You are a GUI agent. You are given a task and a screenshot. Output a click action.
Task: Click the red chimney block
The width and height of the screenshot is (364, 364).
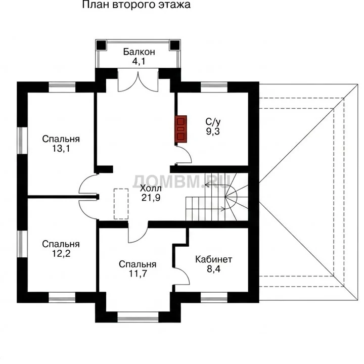[x=180, y=129]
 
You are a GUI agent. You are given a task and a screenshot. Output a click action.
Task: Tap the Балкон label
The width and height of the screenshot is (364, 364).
[x=139, y=52]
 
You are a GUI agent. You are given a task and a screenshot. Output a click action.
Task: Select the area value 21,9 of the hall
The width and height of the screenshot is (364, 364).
[x=151, y=198]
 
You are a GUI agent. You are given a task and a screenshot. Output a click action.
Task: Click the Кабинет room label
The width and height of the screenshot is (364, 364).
[x=213, y=259]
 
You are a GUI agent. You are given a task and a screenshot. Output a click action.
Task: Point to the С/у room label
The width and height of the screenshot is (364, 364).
[x=213, y=122]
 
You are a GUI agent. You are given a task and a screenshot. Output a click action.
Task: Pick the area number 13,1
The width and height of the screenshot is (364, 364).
[x=61, y=148]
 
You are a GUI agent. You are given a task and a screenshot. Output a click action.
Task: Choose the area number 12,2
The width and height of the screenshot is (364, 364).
[x=61, y=253]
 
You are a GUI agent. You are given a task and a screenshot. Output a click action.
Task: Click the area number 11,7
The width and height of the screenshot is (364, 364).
[x=138, y=274]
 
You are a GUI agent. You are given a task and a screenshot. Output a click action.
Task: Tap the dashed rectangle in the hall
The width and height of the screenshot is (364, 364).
[x=121, y=204]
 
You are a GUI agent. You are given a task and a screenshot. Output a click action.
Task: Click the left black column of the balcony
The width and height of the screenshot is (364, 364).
[x=102, y=45]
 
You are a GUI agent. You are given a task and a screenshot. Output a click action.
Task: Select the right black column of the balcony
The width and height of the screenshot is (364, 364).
[x=174, y=45]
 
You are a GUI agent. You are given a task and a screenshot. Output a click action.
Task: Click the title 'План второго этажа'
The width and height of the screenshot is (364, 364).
[x=136, y=5]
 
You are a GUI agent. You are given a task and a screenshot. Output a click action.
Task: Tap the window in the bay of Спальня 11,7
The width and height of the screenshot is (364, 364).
[x=138, y=317]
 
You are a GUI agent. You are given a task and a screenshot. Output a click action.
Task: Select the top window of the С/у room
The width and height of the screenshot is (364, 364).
[x=214, y=87]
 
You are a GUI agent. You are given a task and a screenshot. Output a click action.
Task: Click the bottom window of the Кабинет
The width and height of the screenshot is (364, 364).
[x=214, y=297]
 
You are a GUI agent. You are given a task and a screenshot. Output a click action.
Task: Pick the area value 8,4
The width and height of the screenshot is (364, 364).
[x=213, y=269]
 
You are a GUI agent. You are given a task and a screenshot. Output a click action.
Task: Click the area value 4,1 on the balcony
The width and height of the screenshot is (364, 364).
[x=139, y=61]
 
